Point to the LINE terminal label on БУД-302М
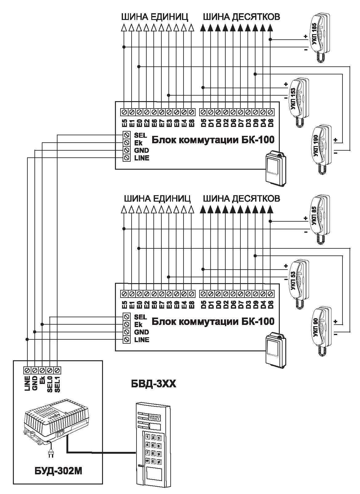pyautogui.click(x=27, y=383)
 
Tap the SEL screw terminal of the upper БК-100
pyautogui.click(x=126, y=135)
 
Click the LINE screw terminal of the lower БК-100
pyautogui.click(x=126, y=340)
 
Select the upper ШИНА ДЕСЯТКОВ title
pyautogui.click(x=241, y=17)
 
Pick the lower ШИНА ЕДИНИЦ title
pyautogui.click(x=157, y=198)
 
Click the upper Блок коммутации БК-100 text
pyautogui.click(x=213, y=140)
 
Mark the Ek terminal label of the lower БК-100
pyautogui.click(x=138, y=325)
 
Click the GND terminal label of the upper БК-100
pyautogui.click(x=141, y=150)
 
